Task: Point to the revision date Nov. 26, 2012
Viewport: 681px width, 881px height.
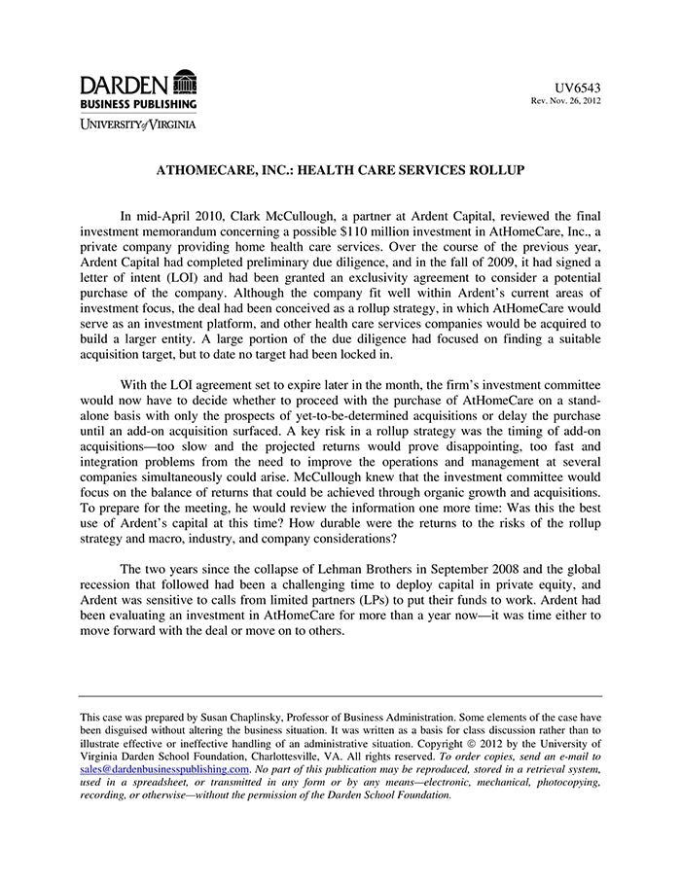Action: coord(574,101)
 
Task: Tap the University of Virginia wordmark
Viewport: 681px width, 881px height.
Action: coord(137,123)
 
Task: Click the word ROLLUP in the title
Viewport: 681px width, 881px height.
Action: coord(496,170)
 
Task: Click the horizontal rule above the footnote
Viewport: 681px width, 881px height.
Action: coord(340,696)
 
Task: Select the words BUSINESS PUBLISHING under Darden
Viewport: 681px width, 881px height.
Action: coord(137,103)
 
